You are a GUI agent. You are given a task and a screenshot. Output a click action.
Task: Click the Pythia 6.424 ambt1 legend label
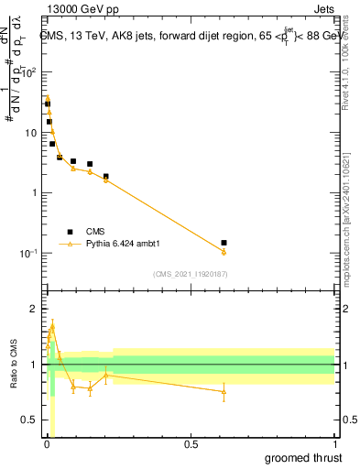point(123,245)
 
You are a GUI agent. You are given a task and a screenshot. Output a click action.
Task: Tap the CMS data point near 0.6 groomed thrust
point(224,243)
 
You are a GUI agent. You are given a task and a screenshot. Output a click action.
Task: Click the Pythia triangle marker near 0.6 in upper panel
point(224,252)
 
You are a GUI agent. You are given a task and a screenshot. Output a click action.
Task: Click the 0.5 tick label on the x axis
point(191,444)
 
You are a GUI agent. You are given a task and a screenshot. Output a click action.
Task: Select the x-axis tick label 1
point(334,444)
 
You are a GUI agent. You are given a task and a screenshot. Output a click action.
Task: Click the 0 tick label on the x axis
point(47,444)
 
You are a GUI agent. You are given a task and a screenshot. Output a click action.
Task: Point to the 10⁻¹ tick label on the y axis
point(30,253)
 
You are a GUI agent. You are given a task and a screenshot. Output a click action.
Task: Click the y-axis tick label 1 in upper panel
point(35,192)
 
